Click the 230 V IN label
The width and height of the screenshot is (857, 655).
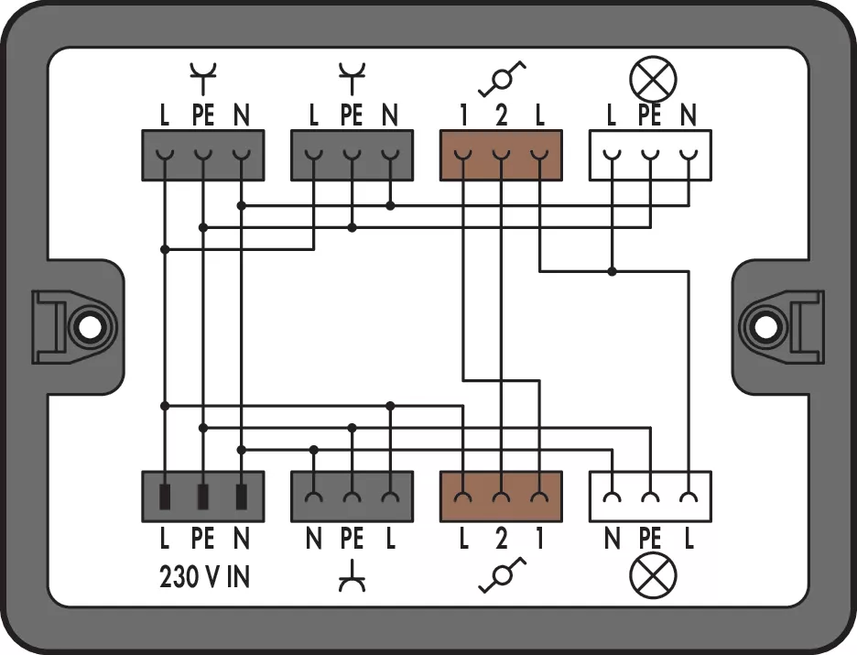[x=204, y=578]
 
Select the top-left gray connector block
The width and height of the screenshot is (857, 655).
[x=202, y=155]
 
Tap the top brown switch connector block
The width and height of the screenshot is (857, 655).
[x=501, y=155]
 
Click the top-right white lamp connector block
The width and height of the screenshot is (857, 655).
[x=650, y=155]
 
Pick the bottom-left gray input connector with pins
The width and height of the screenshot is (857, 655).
[x=202, y=496]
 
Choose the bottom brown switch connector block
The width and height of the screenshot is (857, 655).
[x=501, y=496]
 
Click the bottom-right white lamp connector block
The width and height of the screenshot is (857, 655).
[x=650, y=496]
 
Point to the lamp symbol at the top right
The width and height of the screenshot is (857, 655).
[x=652, y=79]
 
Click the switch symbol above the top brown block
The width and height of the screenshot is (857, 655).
[x=502, y=80]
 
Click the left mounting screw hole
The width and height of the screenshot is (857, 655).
[x=88, y=325]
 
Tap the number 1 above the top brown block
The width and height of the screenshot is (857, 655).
[x=464, y=116]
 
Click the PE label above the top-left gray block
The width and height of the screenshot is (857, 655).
[x=202, y=116]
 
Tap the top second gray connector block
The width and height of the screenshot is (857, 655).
[x=352, y=155]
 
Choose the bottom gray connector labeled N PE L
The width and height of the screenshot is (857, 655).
[x=352, y=496]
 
